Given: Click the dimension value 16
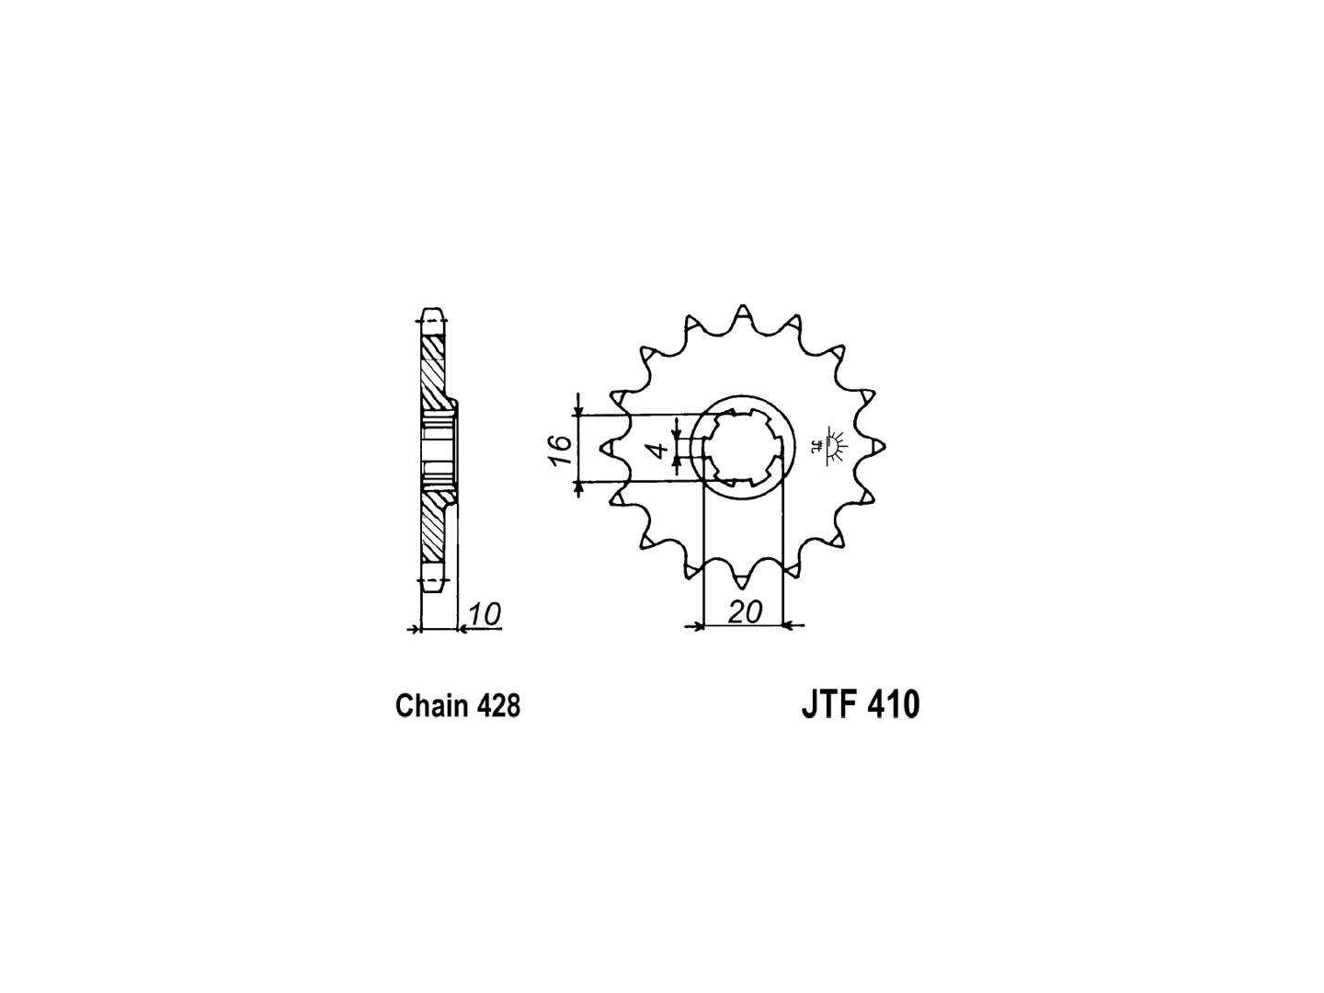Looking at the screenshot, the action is [x=560, y=449].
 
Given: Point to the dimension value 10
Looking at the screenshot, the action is [x=484, y=614].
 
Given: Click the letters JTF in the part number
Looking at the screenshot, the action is [x=829, y=704].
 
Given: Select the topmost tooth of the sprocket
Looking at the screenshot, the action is [x=743, y=314].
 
